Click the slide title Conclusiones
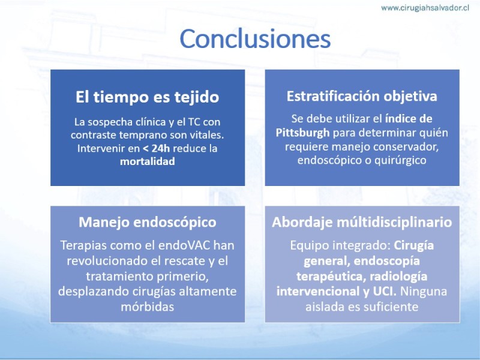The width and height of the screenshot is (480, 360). click(255, 38)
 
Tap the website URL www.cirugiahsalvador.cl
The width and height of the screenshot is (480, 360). click(425, 8)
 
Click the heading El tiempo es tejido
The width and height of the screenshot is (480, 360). click(147, 97)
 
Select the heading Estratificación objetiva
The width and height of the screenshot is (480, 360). click(362, 96)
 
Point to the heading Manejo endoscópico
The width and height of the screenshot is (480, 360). click(147, 222)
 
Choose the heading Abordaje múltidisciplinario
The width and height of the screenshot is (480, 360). click(362, 222)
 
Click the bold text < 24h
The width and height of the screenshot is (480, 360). click(156, 148)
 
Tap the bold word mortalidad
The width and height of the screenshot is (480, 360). click(147, 161)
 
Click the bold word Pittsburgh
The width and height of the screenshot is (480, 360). click(302, 133)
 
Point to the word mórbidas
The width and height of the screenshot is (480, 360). click(147, 307)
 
